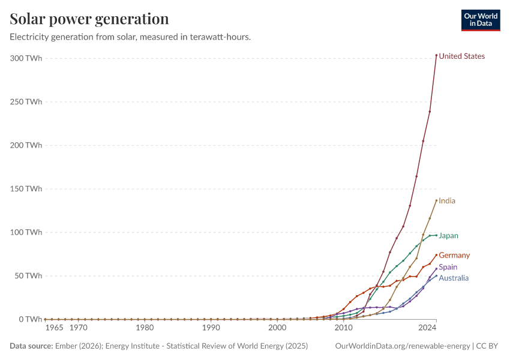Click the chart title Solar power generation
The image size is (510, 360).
coord(89,19)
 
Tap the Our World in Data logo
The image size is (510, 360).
coord(481,20)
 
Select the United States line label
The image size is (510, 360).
coord(461,56)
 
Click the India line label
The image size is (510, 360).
coord(447,201)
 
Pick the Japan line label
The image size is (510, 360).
coord(448,236)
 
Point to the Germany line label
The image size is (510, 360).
coord(454,256)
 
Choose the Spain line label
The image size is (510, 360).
coord(448,267)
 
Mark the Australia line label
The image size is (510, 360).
coord(454,278)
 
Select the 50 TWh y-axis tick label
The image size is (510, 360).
coord(28,276)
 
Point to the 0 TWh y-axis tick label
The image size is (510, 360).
coord(31,319)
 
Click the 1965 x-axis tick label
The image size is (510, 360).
coord(54,328)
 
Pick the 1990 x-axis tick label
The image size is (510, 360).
coord(211,328)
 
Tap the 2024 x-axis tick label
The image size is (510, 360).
coord(427,328)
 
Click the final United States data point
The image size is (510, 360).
coord(436,55)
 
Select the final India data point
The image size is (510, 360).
coord(436,200)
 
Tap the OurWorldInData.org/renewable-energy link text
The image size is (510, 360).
coord(403,346)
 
